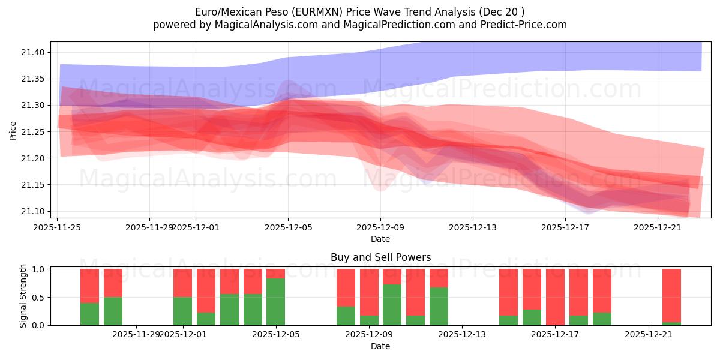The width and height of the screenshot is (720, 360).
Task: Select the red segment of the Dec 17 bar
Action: coord(555,296)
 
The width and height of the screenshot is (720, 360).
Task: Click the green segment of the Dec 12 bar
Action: coord(439,306)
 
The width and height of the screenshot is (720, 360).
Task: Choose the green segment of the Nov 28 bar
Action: coord(113,311)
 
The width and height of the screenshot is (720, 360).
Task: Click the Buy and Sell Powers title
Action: coord(380,257)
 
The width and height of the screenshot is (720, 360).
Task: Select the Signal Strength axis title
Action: coord(23,296)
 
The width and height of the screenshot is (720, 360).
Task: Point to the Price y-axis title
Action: coord(13,130)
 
